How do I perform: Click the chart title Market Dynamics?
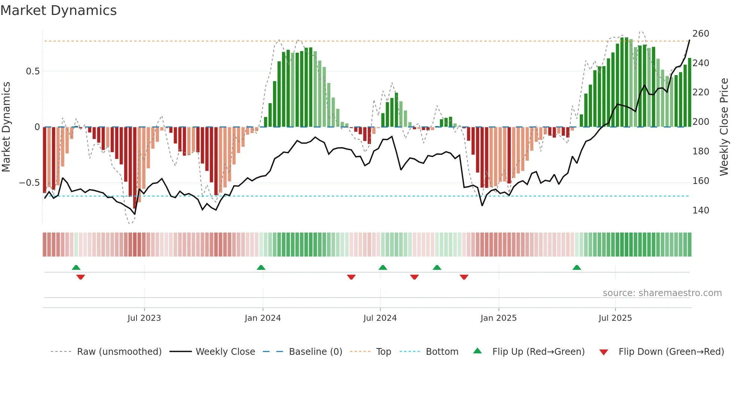point(58,10)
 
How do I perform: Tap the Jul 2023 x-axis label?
point(144,318)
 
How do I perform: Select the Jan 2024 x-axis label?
point(263,318)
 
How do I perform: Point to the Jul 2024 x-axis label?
point(380,318)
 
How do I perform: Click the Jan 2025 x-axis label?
point(499,318)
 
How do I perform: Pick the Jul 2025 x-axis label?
point(615,318)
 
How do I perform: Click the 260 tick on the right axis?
point(700,34)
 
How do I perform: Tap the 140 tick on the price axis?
point(700,210)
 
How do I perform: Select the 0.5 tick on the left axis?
point(33,71)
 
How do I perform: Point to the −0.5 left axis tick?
point(30,183)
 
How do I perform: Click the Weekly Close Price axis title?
point(724,127)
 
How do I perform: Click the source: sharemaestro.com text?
point(662,293)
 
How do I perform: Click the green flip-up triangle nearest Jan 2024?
point(261,267)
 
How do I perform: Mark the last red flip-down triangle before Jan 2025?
point(464,277)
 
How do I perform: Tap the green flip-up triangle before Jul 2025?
point(577,267)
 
